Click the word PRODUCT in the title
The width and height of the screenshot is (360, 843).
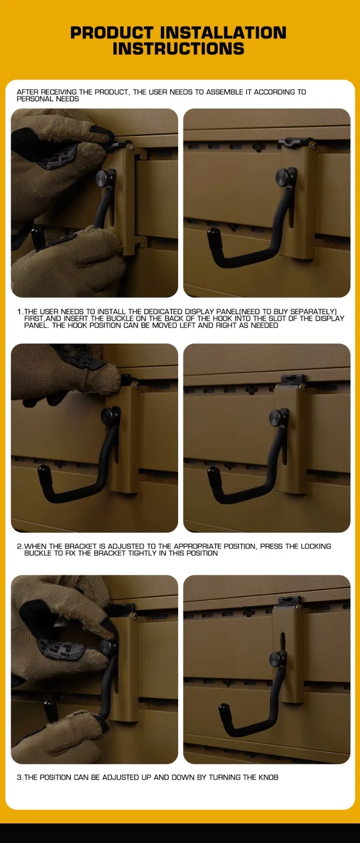pos(112,33)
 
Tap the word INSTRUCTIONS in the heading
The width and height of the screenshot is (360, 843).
pos(178,49)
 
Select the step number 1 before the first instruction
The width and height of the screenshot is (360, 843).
pos(20,311)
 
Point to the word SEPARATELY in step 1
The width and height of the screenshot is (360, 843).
pos(312,311)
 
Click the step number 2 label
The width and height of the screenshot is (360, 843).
pos(20,546)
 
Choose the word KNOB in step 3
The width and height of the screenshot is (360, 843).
pos(268,777)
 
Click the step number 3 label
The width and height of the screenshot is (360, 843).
pos(20,777)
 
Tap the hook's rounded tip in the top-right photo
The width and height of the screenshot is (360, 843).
pos(212,233)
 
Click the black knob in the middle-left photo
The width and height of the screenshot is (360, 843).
pos(109,416)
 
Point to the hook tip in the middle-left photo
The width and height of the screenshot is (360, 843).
pos(43,471)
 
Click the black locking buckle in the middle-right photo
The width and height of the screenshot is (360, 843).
pos(292,379)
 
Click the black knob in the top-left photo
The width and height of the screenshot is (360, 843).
pos(103,177)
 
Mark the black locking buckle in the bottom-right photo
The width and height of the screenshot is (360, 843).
pos(290,601)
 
